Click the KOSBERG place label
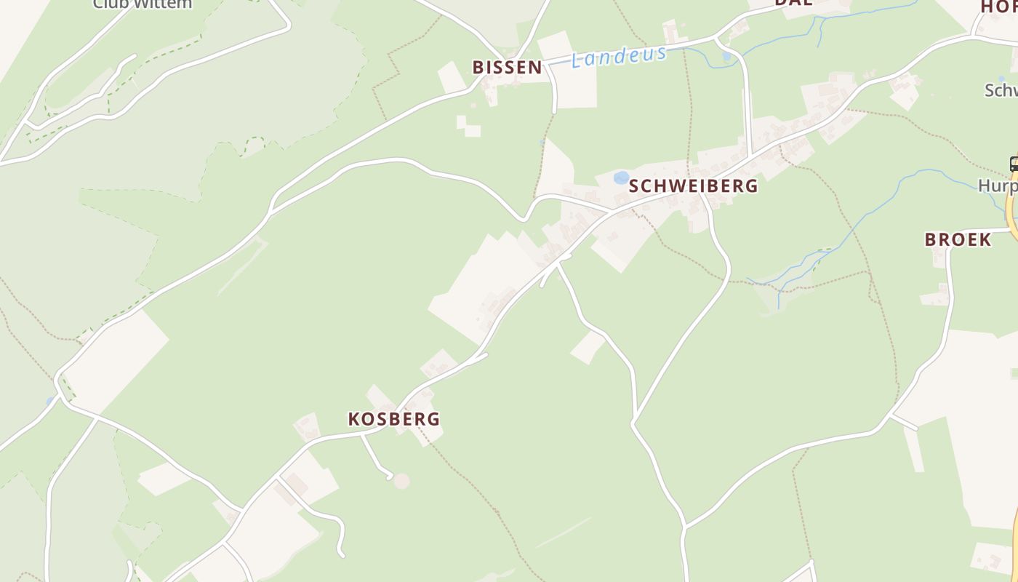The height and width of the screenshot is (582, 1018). point(393,419)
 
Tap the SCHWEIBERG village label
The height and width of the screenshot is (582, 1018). point(693,186)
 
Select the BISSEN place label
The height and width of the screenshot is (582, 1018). point(507,68)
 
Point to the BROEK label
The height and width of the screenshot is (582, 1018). point(958,239)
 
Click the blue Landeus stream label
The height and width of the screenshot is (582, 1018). point(619,56)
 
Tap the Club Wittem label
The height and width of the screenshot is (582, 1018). point(143,4)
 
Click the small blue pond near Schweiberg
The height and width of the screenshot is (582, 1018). point(621,178)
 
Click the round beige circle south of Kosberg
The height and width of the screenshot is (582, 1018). point(401,481)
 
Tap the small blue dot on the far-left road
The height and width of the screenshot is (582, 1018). point(49,400)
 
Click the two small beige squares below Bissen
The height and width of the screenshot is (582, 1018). point(468,126)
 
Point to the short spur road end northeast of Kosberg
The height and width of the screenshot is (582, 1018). point(485,355)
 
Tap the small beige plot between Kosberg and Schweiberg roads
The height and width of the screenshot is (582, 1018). point(588,347)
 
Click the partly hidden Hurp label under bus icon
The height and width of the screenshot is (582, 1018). point(997,186)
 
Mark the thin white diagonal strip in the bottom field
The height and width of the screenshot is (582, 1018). point(563,533)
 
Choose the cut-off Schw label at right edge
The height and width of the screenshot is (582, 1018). point(1001,90)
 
